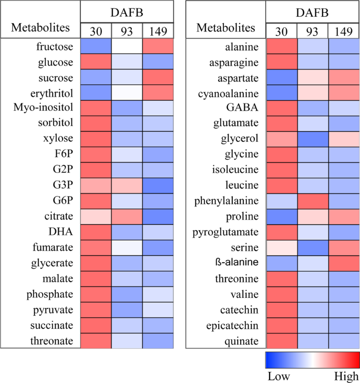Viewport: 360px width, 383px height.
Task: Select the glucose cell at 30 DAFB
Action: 96,62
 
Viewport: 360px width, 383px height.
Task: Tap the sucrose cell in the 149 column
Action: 158,77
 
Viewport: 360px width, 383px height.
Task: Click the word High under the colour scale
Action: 346,376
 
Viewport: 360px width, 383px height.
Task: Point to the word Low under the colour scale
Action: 279,376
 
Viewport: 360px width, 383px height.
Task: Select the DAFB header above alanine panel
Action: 312,11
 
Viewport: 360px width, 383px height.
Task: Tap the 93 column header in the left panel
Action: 127,31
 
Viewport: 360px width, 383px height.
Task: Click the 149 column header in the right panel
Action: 344,31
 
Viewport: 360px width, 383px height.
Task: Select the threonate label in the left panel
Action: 57,341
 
